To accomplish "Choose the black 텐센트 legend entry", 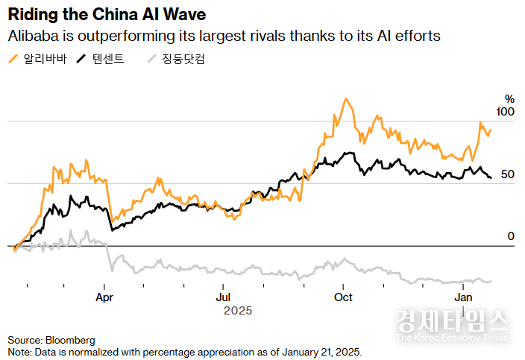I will coord(100,59).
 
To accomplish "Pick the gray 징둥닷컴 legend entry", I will coord(175,59).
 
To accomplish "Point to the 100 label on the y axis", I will coord(505,112).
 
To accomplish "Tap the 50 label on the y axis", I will coord(508,174).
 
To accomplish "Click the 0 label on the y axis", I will coord(511,236).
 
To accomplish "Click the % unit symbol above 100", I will coord(510,98).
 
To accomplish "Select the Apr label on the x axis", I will coord(104,297).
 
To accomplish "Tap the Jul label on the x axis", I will coord(223,297).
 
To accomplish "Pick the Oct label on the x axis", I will coord(343,297).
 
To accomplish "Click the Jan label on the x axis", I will coord(464,297).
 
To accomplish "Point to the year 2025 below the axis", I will coord(238,311).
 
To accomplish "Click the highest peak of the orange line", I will coord(345,98).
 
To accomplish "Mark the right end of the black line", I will coord(490,177).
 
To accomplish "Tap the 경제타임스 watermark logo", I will coord(452,322).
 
